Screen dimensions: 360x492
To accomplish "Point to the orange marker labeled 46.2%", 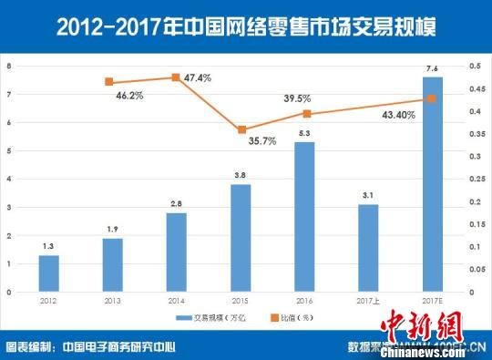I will (x=108, y=82).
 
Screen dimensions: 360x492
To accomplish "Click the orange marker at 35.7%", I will (x=241, y=130).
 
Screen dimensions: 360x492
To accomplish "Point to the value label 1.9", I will (x=112, y=230).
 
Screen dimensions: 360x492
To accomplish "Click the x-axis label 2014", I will (x=176, y=300).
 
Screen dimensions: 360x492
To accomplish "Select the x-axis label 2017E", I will (x=433, y=300).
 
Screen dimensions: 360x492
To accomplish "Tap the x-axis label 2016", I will (x=304, y=300).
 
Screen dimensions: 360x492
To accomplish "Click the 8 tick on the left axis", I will (x=9, y=66).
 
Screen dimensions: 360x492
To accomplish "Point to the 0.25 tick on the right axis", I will (x=475, y=179).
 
